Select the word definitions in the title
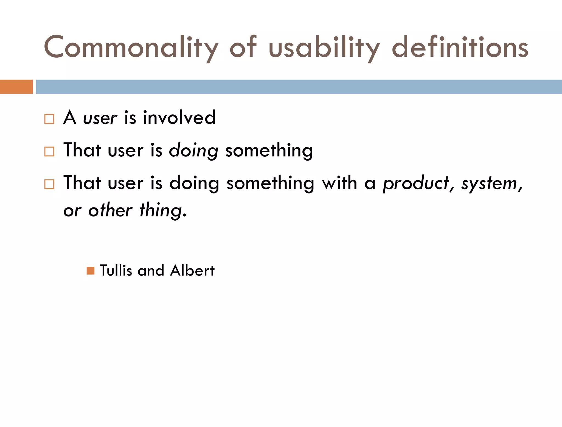pos(460,47)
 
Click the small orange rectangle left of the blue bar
pos(16,87)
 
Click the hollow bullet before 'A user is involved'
pos(49,119)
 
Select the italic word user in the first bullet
pos(100,118)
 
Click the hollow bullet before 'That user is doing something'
pos(49,151)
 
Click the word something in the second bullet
pos(269,150)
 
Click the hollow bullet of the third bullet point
pos(49,184)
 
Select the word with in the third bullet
pos(339,183)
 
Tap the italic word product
pos(416,183)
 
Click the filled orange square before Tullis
pos(90,271)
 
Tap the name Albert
pos(192,270)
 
